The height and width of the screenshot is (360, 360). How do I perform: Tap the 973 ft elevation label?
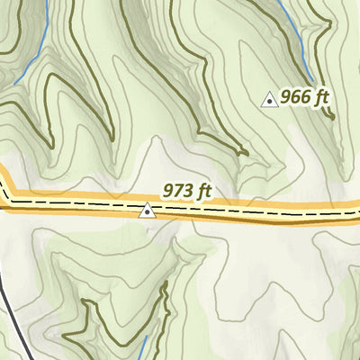point(186,191)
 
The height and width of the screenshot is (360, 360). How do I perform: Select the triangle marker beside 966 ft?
point(268,100)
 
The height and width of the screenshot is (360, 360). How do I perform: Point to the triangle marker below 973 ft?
point(148,211)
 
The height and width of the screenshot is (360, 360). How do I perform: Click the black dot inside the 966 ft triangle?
point(268,102)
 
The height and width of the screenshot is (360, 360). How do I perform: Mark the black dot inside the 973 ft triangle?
point(148,213)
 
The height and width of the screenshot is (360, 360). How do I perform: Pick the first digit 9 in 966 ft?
point(285,98)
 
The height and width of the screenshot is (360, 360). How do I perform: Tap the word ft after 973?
point(204,191)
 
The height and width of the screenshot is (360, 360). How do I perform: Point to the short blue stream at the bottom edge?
point(144,346)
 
